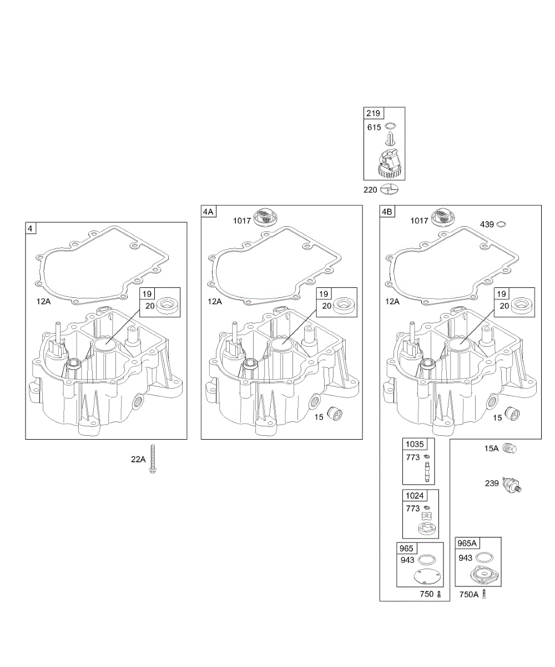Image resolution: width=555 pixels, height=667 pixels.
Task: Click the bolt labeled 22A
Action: (x=152, y=460)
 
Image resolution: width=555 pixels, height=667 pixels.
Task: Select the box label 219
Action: (x=373, y=113)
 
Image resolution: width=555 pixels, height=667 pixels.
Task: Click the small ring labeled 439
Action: (x=501, y=224)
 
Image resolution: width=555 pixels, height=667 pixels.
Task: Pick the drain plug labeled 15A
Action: (x=509, y=449)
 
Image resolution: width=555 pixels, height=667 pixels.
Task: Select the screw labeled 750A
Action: (x=486, y=594)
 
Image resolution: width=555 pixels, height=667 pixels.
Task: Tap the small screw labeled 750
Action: (x=439, y=594)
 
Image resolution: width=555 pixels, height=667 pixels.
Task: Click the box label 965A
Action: (x=467, y=543)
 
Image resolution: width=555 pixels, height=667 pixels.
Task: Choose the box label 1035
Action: (x=413, y=445)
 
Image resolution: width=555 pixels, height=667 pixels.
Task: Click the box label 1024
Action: (x=413, y=496)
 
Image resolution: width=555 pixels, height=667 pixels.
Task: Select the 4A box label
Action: (x=208, y=211)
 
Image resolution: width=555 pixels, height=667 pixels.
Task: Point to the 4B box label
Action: (x=387, y=211)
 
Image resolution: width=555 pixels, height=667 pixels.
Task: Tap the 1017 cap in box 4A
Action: (x=265, y=217)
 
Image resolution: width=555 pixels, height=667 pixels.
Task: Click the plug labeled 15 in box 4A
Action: (x=335, y=414)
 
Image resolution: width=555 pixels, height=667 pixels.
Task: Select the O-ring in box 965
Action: (x=427, y=559)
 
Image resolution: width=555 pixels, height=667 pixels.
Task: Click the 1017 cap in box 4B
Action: (x=445, y=217)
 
